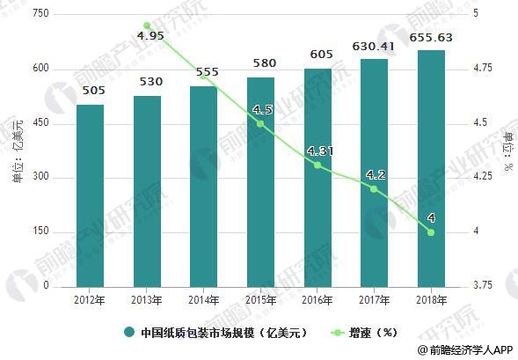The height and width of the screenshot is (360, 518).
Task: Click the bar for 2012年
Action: point(90,195)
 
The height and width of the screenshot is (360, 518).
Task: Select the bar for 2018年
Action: point(430,168)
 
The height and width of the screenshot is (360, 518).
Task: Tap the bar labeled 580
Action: point(260,181)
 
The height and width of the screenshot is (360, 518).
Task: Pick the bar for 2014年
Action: point(203,186)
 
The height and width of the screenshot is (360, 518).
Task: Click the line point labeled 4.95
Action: point(147,26)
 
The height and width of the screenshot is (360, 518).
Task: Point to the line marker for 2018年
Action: point(430,232)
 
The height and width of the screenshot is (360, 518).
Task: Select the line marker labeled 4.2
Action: point(374,188)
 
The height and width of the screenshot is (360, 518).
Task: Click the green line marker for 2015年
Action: point(260,123)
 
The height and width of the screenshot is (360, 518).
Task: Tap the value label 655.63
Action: point(430,39)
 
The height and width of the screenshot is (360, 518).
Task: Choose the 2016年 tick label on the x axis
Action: point(317,300)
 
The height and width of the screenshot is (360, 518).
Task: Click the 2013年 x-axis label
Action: point(147,300)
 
